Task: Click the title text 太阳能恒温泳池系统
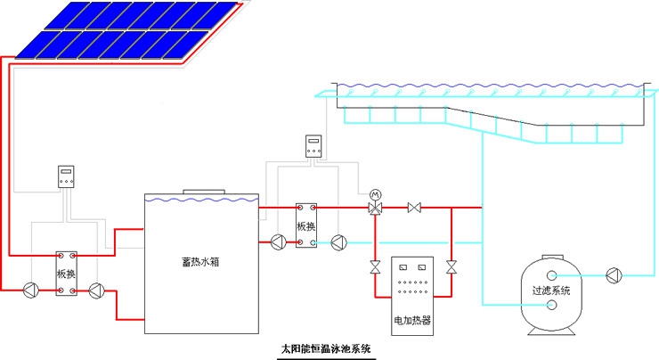326,348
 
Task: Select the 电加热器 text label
412,319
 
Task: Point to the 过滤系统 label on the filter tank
551,290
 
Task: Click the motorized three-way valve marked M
375,208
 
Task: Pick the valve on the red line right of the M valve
413,208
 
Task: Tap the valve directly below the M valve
375,266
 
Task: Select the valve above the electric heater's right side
452,266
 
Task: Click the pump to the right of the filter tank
614,274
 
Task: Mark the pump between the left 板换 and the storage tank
100,289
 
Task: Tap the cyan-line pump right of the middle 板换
338,241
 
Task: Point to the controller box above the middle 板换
313,146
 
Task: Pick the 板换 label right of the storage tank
306,225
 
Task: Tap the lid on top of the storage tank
204,191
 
